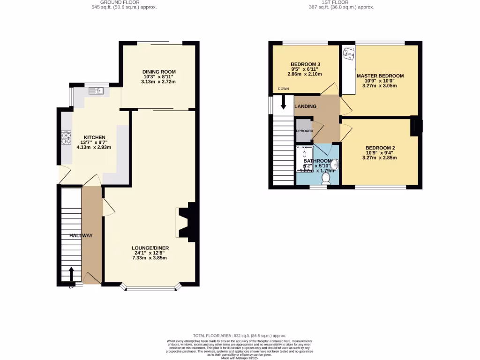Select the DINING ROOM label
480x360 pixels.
click(158, 71)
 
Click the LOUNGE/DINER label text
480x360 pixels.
click(150, 248)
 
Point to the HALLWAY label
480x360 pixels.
click(81, 236)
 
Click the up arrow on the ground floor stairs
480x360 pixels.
click(71, 274)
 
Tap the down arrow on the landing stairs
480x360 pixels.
click(283, 102)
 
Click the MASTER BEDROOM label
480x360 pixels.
click(380, 75)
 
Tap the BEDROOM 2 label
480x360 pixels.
click(380, 148)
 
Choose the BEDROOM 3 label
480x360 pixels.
click(306, 64)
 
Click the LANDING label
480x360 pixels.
click(305, 106)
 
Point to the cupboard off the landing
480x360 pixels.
click(304, 130)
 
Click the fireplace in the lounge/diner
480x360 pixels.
click(183, 222)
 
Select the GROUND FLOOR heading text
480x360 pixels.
click(123, 2)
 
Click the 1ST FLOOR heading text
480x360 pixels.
click(335, 2)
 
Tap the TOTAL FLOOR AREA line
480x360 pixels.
click(240, 336)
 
